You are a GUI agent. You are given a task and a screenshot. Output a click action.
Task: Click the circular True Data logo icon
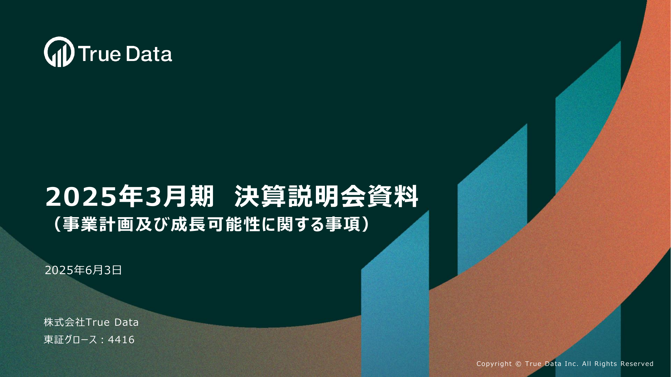point(59,52)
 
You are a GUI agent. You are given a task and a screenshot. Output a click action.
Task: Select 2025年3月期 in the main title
point(129,196)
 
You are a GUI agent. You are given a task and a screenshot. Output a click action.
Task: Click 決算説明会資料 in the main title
point(326,196)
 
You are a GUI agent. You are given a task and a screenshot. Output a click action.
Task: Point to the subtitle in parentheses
point(211,224)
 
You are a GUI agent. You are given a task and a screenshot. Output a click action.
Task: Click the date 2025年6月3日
point(83,270)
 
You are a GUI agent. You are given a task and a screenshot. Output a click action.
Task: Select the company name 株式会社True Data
point(91,322)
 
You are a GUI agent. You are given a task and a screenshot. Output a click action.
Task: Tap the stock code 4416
point(121,340)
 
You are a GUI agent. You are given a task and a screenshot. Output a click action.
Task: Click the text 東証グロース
point(70,340)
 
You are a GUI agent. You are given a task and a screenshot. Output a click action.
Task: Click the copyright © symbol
point(518,364)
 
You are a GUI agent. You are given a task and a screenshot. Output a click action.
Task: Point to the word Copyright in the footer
point(494,364)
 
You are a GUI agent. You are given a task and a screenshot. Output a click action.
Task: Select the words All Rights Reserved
point(618,364)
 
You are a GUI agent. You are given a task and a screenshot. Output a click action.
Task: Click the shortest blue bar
point(395,295)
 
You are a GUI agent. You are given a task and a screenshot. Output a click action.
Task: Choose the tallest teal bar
point(588,117)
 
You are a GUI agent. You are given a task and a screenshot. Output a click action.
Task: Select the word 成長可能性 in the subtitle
point(216,224)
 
